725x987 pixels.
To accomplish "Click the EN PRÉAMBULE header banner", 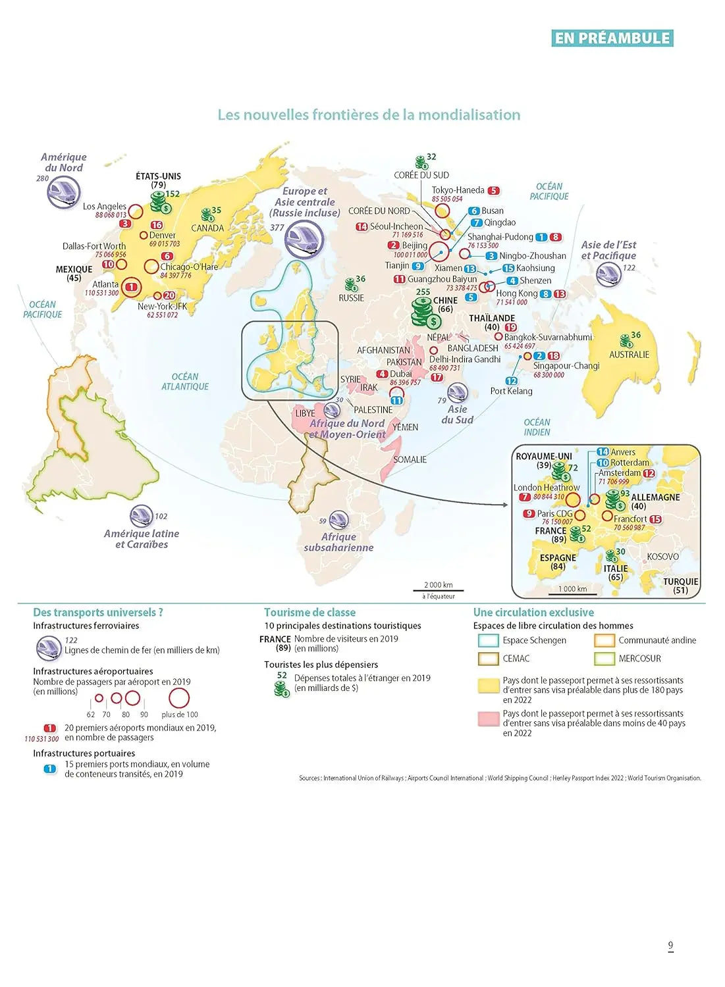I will pos(612,38).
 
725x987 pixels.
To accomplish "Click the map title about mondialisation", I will pos(369,115).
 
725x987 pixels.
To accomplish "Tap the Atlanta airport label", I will pos(105,284).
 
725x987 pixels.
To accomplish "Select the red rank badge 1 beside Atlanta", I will pos(132,287).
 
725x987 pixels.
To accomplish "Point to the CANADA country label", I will pos(207,228).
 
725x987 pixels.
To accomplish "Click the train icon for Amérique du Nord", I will pos(63,192).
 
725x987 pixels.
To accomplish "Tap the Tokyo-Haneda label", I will pos(458,190).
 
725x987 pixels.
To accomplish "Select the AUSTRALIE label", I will pos(629,355).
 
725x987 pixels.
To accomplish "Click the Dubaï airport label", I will pos(401,374).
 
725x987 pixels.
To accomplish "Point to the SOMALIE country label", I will pos(410,460).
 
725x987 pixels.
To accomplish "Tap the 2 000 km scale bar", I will pos(439,590).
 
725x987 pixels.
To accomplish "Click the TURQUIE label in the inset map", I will pos(680,582).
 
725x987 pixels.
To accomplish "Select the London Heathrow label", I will pos(547,488).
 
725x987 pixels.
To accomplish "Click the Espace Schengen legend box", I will pos(488,640).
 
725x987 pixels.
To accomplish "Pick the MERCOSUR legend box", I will pos(604,659).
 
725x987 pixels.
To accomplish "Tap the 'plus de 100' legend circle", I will pos(179,699).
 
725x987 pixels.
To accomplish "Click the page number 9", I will pos(670,946).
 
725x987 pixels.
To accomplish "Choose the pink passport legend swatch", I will pos(488,719).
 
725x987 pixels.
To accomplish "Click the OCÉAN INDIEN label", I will pos(537,427).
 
